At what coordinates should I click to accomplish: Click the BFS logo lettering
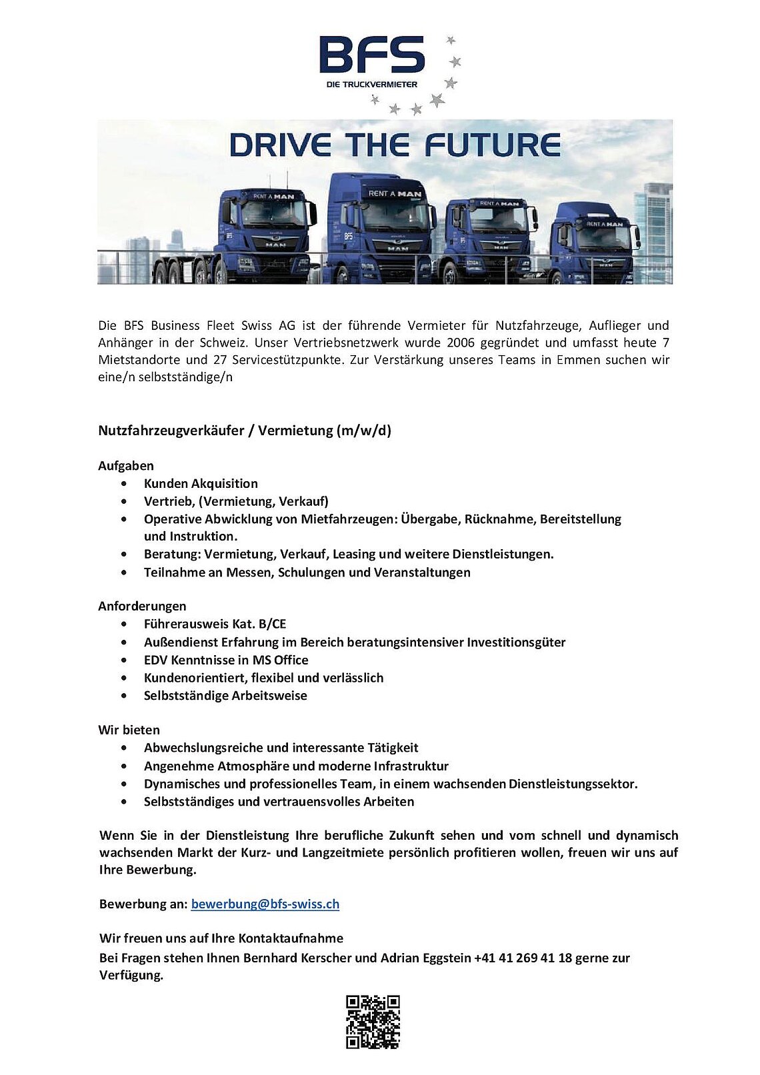(371, 55)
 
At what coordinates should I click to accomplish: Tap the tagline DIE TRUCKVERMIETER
(371, 85)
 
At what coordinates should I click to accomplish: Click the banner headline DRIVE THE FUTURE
(395, 145)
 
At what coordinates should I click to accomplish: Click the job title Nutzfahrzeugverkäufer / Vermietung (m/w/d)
(245, 431)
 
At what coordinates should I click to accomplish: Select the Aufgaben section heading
(126, 466)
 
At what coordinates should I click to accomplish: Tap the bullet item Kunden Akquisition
(201, 484)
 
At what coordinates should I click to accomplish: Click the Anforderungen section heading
(142, 606)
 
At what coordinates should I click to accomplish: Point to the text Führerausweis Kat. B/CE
(215, 624)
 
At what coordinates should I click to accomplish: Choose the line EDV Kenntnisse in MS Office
(226, 660)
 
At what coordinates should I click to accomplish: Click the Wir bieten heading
(129, 730)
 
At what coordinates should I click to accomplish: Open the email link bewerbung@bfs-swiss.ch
(265, 904)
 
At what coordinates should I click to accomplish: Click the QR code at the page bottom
(373, 1022)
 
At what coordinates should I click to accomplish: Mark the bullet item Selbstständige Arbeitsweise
(225, 696)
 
